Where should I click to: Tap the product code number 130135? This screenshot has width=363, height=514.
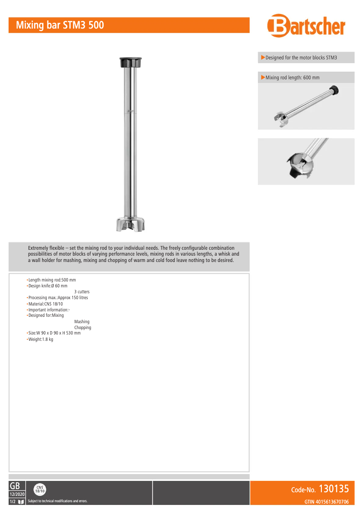point(334,489)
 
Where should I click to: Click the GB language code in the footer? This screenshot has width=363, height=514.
point(14,486)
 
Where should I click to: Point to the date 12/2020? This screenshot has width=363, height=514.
point(17,494)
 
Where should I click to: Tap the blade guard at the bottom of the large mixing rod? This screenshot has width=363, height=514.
point(130,225)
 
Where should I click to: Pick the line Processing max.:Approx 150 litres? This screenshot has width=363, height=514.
point(57,298)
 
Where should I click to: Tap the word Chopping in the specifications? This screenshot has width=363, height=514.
point(82,328)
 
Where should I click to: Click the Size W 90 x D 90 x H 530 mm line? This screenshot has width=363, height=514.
point(54,334)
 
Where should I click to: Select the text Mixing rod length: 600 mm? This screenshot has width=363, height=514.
point(292,78)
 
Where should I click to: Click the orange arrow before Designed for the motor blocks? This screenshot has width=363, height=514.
point(263,58)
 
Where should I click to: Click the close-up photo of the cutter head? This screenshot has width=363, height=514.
point(306,161)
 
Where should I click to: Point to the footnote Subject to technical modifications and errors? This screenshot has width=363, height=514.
point(57,501)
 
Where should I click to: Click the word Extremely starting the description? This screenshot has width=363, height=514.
point(39,248)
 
